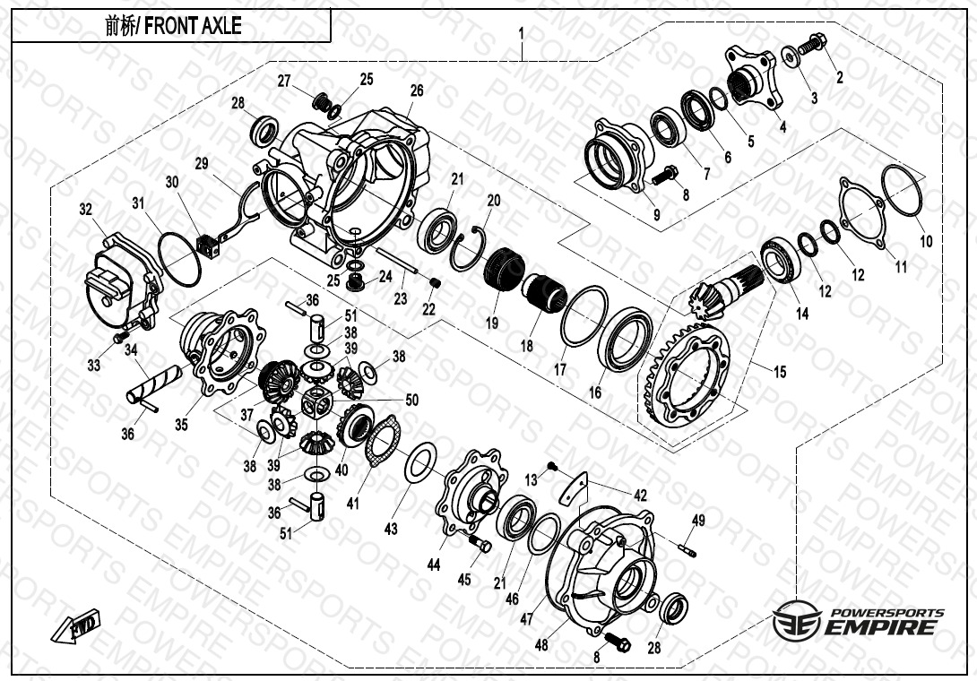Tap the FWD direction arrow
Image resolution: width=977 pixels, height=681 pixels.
click(75, 625)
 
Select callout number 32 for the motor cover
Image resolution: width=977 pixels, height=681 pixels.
click(85, 210)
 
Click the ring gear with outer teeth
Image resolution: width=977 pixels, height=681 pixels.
click(686, 375)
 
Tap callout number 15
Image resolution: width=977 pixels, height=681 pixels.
click(780, 372)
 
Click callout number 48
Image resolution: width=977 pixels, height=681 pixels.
click(541, 644)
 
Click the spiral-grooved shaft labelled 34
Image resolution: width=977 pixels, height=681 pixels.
click(154, 385)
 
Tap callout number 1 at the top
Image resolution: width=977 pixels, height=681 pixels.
click(522, 33)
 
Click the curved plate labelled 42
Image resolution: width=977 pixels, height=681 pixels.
click(574, 488)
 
